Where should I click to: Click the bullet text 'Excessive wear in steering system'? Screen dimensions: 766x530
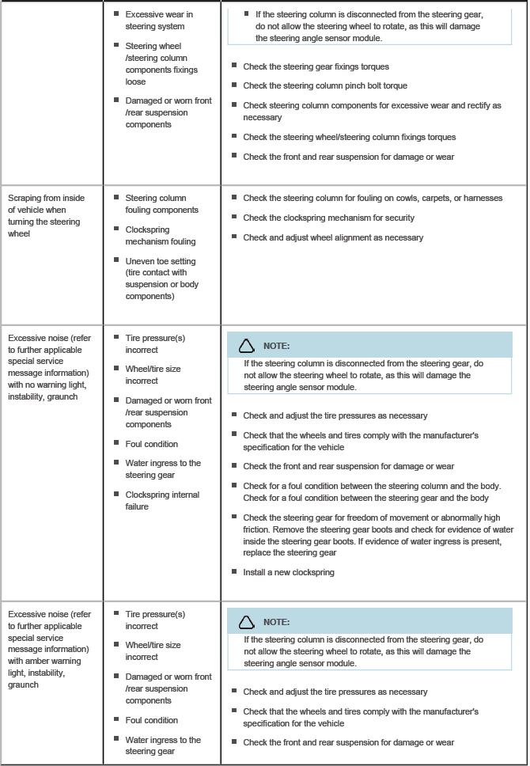pos(158,21)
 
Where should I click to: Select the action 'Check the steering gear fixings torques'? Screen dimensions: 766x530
pos(316,66)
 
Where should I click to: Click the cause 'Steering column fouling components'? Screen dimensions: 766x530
pos(161,204)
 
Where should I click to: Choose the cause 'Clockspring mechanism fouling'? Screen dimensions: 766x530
pos(160,236)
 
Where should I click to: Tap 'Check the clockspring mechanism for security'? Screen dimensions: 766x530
pos(328,218)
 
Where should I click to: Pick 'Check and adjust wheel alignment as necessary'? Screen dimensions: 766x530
pos(333,237)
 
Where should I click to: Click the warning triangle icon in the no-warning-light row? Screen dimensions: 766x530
pos(247,346)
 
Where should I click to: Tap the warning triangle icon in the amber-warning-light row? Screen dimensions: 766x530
pos(247,622)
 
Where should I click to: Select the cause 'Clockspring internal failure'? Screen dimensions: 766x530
pos(161,501)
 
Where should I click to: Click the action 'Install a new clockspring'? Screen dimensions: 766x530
pos(289,572)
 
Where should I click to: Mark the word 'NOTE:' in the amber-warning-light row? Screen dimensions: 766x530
pos(276,622)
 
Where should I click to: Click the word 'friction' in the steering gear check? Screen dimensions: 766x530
pos(259,529)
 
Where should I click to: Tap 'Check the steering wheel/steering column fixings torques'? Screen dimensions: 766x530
pos(349,137)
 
